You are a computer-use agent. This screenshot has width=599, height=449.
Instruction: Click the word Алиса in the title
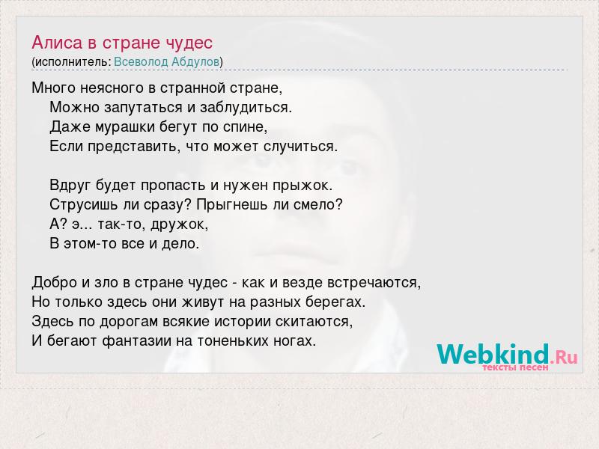(x=57, y=43)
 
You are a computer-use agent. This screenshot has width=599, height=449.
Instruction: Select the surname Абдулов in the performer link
(x=196, y=62)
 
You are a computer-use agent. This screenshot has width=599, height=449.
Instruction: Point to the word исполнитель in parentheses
(x=72, y=62)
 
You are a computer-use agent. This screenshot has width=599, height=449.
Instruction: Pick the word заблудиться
(x=246, y=108)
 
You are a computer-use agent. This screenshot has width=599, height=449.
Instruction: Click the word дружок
(x=179, y=224)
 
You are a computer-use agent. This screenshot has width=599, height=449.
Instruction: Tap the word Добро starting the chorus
(x=55, y=283)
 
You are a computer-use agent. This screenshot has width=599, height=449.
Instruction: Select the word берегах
(x=335, y=302)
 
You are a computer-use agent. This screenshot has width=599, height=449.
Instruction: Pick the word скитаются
(x=314, y=322)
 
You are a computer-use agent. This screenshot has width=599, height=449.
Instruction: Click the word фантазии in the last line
(x=137, y=341)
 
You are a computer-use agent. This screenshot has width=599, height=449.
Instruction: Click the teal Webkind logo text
(x=493, y=354)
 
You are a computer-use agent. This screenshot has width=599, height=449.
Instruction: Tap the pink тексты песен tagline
(x=515, y=367)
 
